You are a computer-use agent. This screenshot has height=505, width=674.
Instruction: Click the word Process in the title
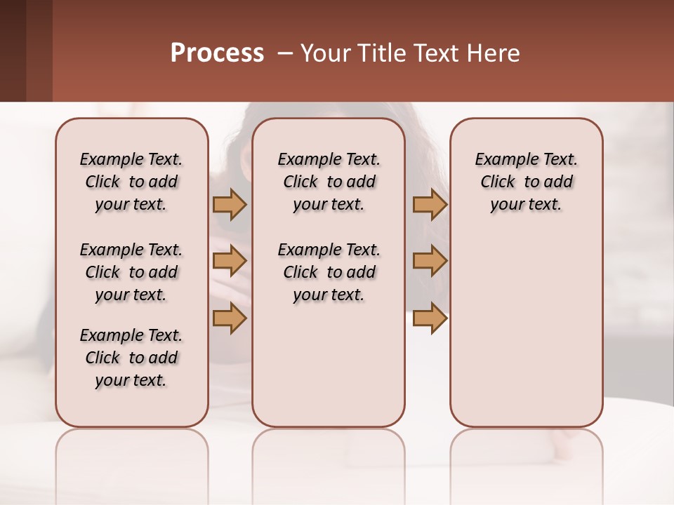[x=217, y=53]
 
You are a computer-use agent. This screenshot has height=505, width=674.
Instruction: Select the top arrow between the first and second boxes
[x=230, y=204]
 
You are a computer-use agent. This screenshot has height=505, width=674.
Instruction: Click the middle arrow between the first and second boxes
[x=230, y=262]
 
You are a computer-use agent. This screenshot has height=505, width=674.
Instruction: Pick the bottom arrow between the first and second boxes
[x=230, y=318]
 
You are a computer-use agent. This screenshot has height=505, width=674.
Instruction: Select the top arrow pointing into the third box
[x=430, y=204]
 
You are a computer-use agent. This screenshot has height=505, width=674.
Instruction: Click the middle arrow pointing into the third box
[x=430, y=262]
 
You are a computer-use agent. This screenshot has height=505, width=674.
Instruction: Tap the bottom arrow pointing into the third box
[x=430, y=318]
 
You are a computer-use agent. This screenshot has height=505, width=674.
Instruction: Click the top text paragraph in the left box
[x=131, y=182]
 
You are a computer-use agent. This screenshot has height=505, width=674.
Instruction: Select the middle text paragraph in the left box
[x=131, y=272]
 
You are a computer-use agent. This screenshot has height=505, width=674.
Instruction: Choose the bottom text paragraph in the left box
[x=131, y=358]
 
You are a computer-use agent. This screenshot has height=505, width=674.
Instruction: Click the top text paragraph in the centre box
[x=329, y=182]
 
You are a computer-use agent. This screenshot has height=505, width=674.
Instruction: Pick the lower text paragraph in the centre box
[x=329, y=272]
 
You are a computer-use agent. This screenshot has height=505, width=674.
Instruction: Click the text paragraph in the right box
[x=526, y=182]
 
